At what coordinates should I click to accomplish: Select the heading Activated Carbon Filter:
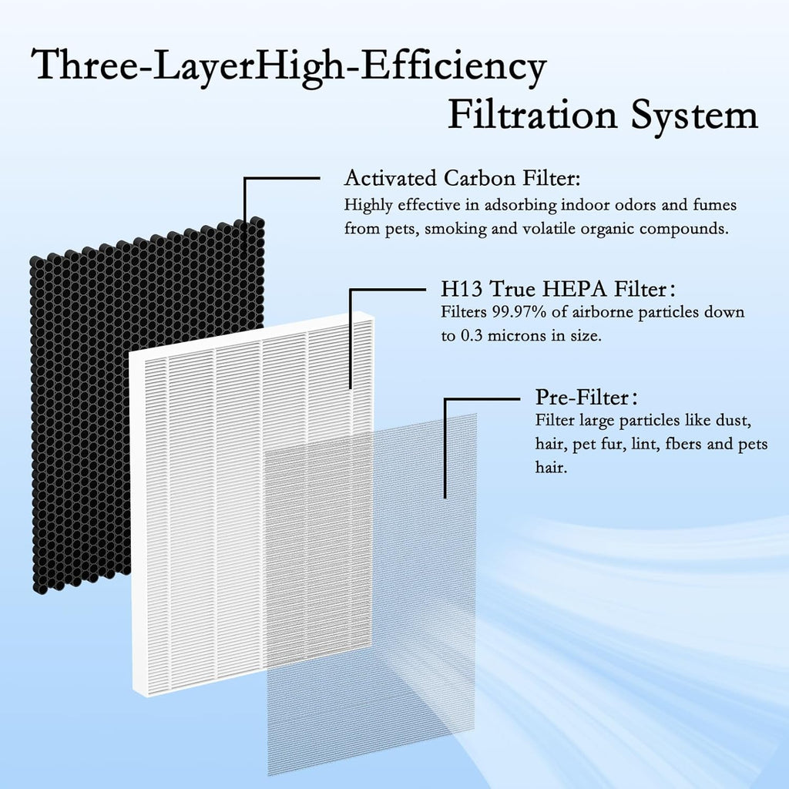[462, 179]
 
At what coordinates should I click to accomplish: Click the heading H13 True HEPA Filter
[552, 290]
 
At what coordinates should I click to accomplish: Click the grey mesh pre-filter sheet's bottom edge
[370, 771]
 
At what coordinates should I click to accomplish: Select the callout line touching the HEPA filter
[351, 339]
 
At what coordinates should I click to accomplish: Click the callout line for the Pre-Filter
[445, 447]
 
